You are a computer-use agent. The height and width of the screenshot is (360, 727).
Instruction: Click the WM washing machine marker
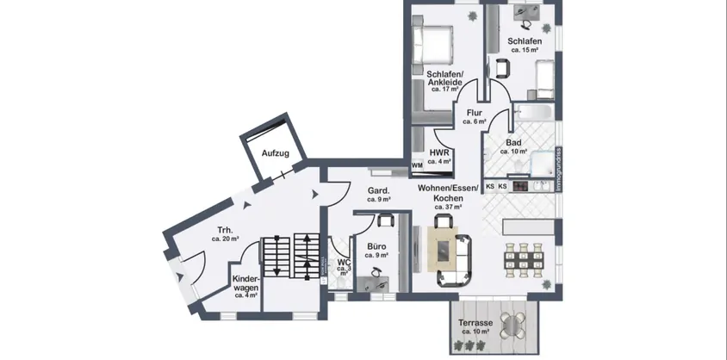tap(417, 164)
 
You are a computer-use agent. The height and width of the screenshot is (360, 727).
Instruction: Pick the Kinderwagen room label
tap(246, 283)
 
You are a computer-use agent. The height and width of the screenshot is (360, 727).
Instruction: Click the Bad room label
tap(513, 143)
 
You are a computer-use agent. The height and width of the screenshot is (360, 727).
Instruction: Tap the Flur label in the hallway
tap(474, 113)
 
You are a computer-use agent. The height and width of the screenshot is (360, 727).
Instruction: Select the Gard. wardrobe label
tap(379, 190)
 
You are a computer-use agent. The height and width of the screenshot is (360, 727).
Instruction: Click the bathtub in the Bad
tap(534, 113)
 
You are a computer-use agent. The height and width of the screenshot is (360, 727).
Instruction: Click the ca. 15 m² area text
tap(525, 51)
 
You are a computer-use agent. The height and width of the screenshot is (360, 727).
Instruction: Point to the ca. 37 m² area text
tap(449, 207)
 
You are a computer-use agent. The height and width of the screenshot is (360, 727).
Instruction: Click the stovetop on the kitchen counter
tap(520, 185)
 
